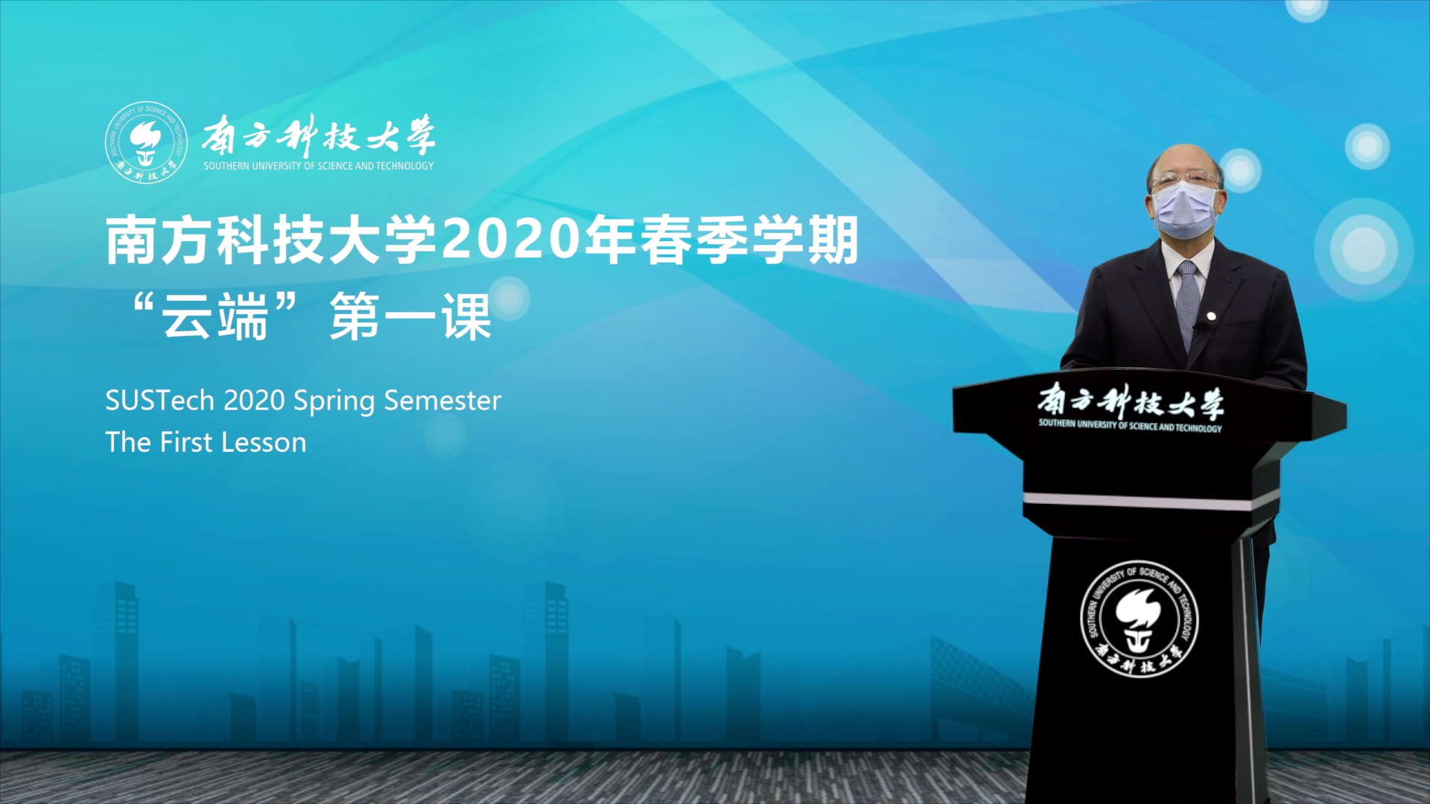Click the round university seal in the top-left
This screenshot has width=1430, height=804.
(x=146, y=143)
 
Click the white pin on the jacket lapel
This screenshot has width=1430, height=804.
(x=1212, y=317)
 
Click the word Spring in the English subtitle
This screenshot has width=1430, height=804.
(x=335, y=402)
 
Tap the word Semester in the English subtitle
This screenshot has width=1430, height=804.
(x=442, y=401)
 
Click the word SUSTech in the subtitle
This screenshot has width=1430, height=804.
(x=159, y=401)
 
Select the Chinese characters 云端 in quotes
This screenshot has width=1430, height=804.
(x=215, y=316)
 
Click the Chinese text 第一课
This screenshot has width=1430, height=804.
(x=410, y=316)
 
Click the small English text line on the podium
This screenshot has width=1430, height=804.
(x=1130, y=425)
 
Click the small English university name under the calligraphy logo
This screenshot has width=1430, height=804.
(x=319, y=166)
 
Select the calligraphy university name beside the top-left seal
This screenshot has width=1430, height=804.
(x=319, y=135)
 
